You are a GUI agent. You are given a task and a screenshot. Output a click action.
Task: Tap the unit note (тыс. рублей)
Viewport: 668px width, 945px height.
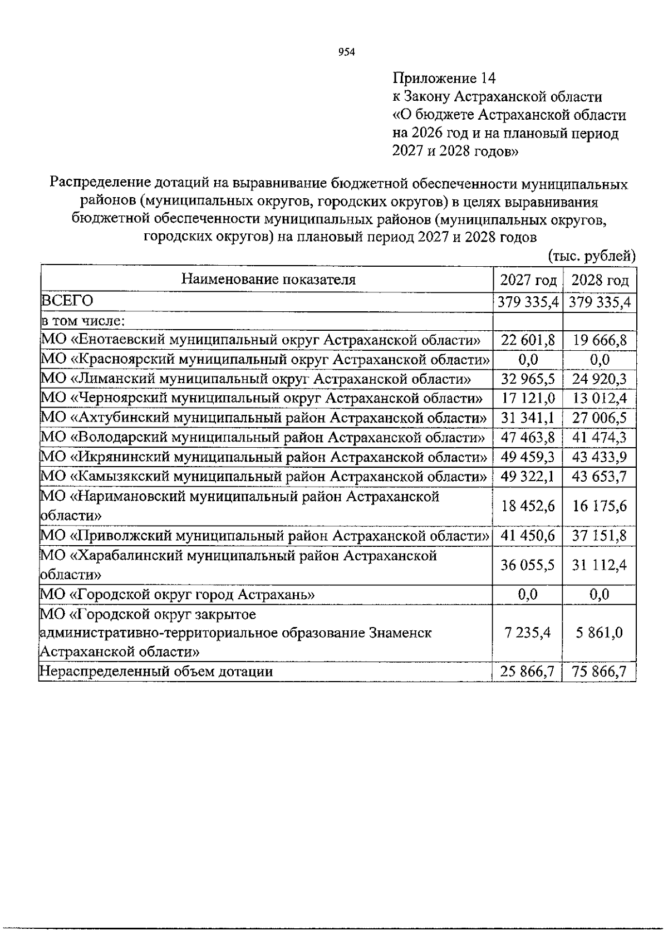[x=591, y=256]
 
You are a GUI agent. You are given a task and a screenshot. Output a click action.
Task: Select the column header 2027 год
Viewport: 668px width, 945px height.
[x=528, y=280]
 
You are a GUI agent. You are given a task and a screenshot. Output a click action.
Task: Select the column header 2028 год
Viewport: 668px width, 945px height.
[x=600, y=280]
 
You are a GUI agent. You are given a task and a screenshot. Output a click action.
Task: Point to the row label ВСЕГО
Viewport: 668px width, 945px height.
[x=66, y=301]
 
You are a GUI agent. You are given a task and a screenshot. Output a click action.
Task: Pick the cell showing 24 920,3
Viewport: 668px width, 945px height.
[x=600, y=380]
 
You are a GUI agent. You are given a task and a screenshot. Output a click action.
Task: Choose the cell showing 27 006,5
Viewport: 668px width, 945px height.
[x=600, y=418]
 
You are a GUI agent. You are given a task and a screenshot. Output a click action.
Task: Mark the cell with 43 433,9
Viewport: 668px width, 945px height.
[x=600, y=457]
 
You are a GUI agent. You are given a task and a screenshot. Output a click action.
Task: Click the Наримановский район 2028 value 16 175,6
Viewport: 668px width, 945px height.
[x=600, y=506]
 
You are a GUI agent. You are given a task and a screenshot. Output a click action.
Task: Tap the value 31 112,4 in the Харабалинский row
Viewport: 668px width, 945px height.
[x=600, y=565]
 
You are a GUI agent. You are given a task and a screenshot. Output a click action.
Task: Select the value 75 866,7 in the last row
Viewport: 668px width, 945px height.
[x=600, y=672]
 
